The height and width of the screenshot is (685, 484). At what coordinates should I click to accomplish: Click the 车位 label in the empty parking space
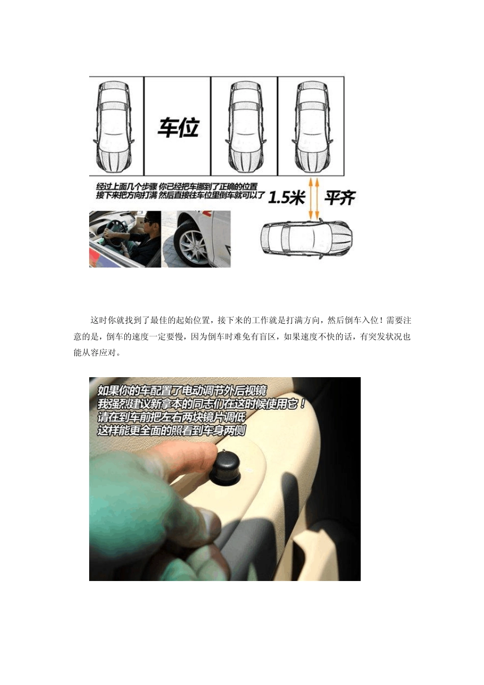point(178,127)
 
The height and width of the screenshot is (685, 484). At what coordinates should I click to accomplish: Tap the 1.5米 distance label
point(286,198)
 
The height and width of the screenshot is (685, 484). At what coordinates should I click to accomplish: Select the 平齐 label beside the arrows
point(340,198)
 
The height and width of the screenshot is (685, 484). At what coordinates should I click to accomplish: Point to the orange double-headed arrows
point(314,198)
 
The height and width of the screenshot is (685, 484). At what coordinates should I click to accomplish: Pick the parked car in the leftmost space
point(114,126)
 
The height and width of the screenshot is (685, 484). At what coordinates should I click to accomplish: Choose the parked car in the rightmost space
point(312,126)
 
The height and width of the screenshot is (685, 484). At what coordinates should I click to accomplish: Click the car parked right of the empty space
point(246,126)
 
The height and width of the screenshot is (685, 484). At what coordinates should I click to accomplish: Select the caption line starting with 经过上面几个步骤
point(177,186)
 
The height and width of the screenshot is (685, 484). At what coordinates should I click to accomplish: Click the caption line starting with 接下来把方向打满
point(180,195)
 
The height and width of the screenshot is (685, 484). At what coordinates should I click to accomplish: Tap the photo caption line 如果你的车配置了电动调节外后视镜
point(182,390)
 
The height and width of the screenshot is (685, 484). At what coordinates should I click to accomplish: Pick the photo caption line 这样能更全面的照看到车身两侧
point(172,431)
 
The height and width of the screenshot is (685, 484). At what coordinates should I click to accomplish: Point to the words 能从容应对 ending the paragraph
point(95,353)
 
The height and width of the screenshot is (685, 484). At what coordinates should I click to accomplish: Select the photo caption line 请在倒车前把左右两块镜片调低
point(172,417)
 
